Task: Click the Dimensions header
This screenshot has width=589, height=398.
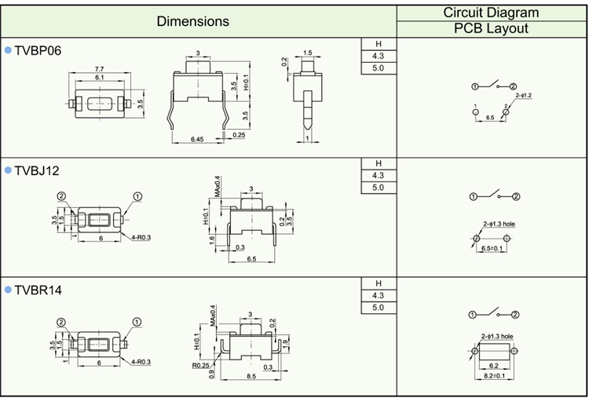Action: click(x=192, y=21)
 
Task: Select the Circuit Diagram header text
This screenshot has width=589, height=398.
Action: click(x=491, y=12)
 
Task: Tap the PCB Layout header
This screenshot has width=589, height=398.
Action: click(x=491, y=29)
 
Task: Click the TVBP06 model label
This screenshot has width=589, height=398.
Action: click(x=38, y=51)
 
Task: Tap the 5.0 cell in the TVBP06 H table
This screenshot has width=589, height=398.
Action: click(x=378, y=68)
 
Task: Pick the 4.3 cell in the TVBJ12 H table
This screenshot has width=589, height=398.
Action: click(x=378, y=175)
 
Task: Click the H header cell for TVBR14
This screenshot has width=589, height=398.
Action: click(x=378, y=283)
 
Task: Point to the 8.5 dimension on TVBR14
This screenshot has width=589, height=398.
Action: click(x=251, y=376)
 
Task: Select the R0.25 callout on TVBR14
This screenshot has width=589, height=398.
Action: click(x=200, y=363)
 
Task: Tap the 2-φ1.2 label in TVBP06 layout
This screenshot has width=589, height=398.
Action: click(x=524, y=96)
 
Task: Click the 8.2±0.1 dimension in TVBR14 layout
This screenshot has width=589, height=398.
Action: click(x=493, y=376)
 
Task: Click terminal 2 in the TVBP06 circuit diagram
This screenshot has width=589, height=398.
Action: click(x=513, y=86)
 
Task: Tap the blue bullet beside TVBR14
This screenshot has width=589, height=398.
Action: click(x=8, y=290)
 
